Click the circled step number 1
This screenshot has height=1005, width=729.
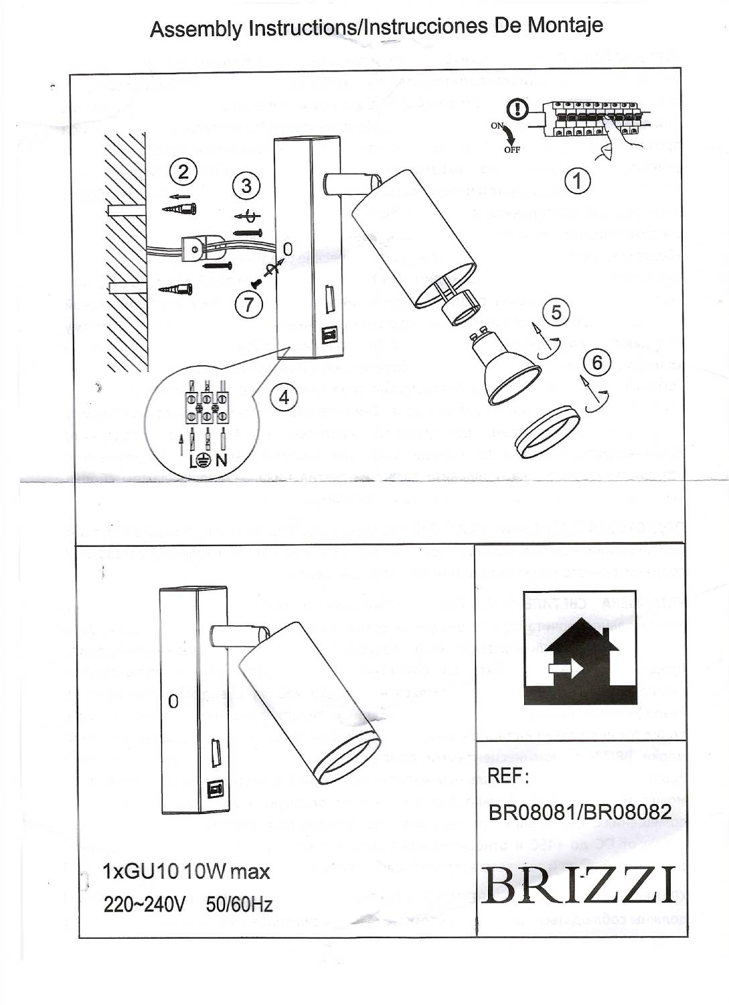pyautogui.click(x=577, y=181)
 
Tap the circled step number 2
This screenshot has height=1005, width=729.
pyautogui.click(x=182, y=172)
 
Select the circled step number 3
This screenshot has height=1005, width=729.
pyautogui.click(x=246, y=185)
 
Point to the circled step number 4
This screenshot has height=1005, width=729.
pyautogui.click(x=284, y=397)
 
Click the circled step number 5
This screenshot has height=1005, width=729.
pyautogui.click(x=556, y=312)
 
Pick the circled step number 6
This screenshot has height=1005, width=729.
pyautogui.click(x=597, y=362)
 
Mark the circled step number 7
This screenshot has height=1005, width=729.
pyautogui.click(x=249, y=305)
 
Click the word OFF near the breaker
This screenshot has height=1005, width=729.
pyautogui.click(x=512, y=149)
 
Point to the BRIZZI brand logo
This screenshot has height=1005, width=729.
pyautogui.click(x=578, y=884)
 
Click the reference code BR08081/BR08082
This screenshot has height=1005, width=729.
pyautogui.click(x=580, y=811)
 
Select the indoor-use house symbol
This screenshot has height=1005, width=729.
pyautogui.click(x=580, y=649)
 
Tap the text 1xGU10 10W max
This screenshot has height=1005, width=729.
pyautogui.click(x=186, y=872)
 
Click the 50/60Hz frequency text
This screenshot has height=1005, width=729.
pyautogui.click(x=239, y=905)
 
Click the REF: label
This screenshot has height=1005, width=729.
pyautogui.click(x=508, y=776)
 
